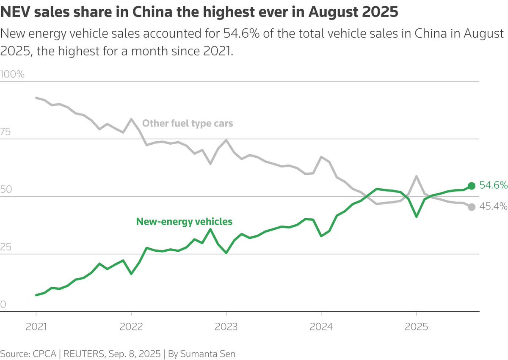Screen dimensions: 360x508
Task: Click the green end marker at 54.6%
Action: [472, 186]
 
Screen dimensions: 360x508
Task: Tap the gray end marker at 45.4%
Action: [472, 207]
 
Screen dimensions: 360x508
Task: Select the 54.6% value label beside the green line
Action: [493, 186]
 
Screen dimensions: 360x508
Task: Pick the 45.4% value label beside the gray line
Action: [493, 207]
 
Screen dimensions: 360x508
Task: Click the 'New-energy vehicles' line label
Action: [184, 221]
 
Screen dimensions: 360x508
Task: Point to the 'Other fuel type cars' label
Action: [188, 124]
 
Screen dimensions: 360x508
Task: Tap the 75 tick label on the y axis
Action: [6, 132]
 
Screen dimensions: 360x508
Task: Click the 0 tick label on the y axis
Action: [3, 305]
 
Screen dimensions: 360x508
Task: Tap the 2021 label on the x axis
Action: [36, 327]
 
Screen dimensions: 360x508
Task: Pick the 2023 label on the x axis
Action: [226, 327]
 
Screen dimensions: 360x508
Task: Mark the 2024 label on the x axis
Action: [321, 327]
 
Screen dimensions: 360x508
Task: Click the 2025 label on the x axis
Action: [416, 327]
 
